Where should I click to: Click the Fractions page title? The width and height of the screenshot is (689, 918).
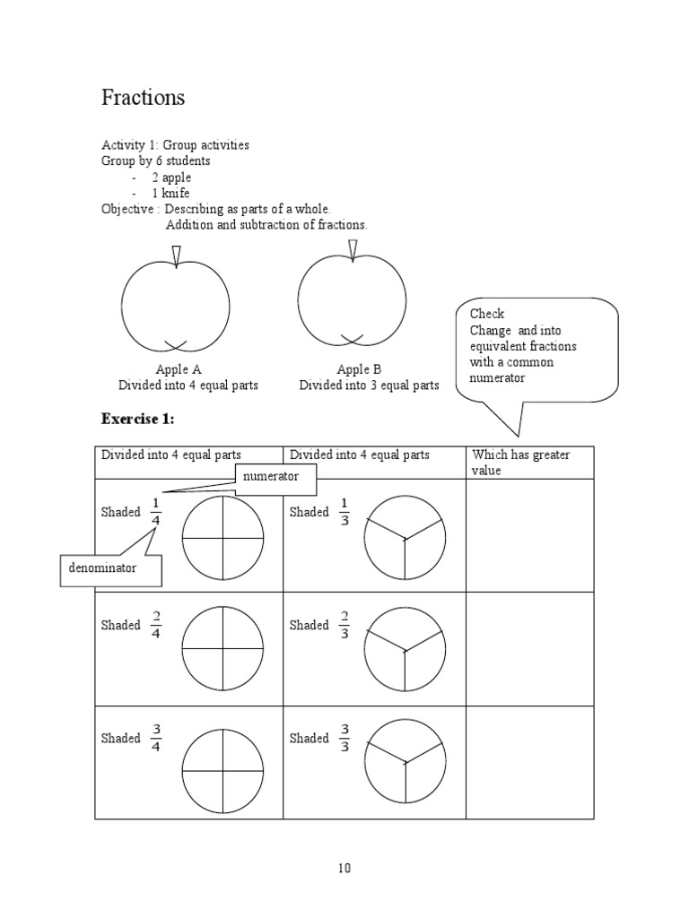pos(144,98)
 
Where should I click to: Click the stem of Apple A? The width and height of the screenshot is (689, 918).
pos(176,256)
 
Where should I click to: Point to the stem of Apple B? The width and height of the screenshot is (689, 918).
pos(353,250)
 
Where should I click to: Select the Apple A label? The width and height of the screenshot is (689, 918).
pos(179,369)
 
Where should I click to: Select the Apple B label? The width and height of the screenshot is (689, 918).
pos(360,369)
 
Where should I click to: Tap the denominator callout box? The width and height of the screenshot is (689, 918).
pos(111,568)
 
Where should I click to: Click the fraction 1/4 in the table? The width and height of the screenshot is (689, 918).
pos(156,512)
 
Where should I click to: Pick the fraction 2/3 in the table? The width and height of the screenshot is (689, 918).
pos(344,625)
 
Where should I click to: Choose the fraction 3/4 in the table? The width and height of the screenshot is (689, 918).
pos(156,738)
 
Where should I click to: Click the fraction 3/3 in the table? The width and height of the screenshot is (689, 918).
pos(344,738)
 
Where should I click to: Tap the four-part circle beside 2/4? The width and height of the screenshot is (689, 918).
pos(222,648)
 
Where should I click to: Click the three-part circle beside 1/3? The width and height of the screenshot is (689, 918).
pos(405,539)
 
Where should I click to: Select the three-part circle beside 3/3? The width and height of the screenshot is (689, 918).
pos(405,761)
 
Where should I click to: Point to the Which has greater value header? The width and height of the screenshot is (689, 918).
pos(520,463)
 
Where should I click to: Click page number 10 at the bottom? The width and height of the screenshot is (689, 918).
pos(344,868)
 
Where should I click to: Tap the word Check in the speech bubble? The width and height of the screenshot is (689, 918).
pos(487,314)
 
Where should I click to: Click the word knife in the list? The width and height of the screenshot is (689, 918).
pos(176,194)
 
